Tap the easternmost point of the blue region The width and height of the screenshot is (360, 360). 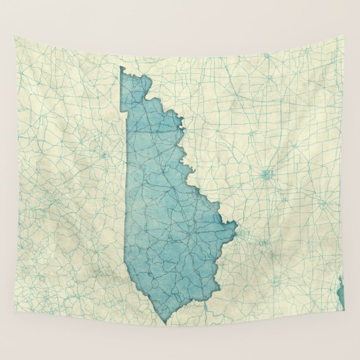[237, 224]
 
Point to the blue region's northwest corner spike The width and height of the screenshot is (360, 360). [121, 67]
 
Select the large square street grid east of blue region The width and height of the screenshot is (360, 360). [266, 175]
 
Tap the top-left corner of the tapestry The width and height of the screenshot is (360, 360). [14, 37]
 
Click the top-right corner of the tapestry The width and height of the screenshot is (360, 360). [343, 36]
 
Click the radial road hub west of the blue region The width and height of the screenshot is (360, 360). [104, 154]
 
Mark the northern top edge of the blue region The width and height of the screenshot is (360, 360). [136, 75]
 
